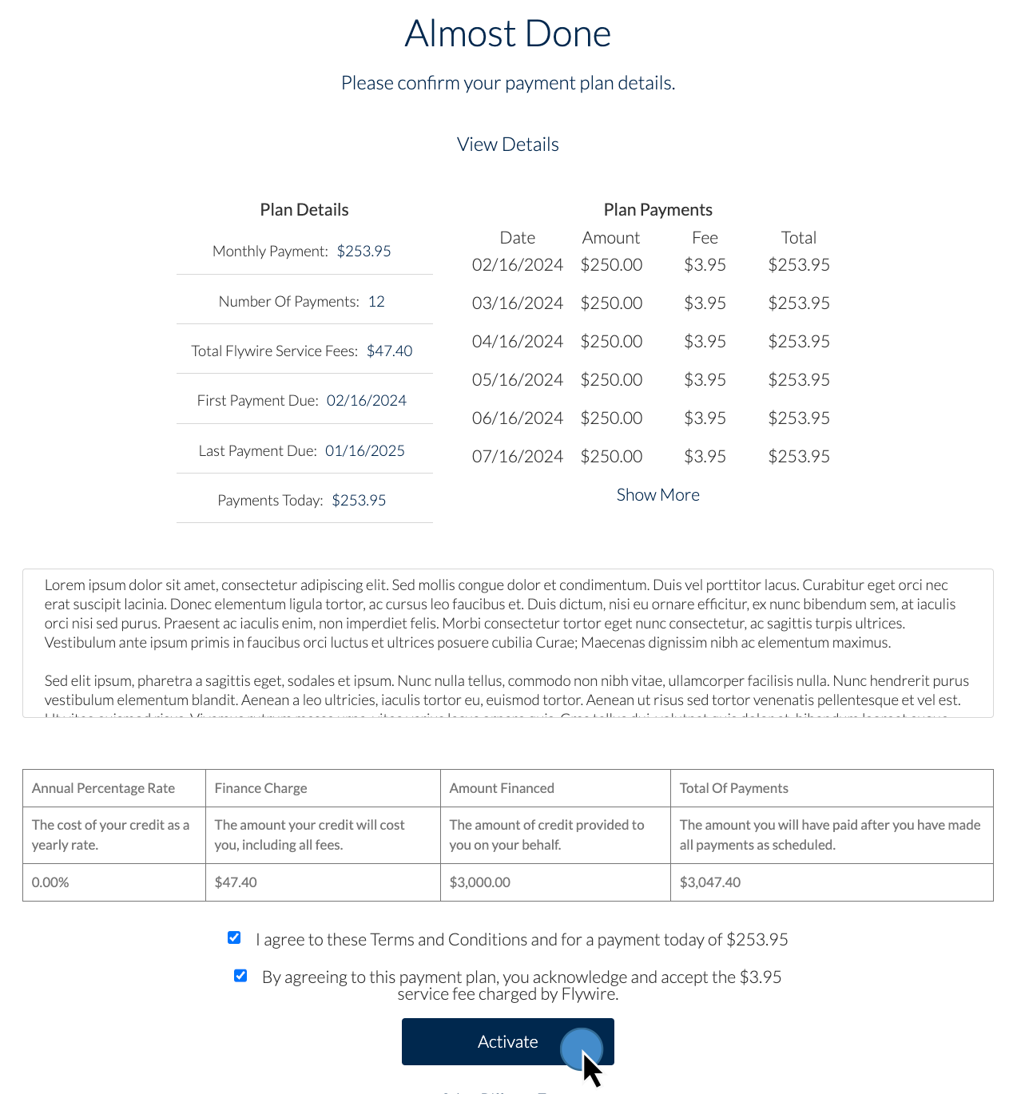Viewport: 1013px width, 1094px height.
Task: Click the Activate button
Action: coord(507,1041)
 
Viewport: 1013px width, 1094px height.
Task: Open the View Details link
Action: coord(507,145)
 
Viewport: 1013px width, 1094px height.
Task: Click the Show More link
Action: coord(657,495)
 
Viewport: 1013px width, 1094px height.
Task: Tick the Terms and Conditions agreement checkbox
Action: coord(234,937)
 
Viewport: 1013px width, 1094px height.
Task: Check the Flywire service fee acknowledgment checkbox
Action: coord(240,975)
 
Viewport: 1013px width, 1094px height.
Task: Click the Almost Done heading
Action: coord(507,34)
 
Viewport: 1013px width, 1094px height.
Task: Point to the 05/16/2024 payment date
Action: coord(517,380)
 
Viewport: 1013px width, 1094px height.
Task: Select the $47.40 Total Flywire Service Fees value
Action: coord(389,351)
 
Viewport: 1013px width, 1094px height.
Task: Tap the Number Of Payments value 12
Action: coord(376,302)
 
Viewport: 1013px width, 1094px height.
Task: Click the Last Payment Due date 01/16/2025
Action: coord(364,451)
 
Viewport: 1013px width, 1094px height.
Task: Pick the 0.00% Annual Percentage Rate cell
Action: coord(50,882)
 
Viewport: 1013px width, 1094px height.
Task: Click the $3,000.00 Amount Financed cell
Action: coord(479,882)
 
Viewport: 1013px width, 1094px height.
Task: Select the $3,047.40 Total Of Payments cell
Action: coord(709,882)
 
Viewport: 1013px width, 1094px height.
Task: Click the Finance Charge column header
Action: coord(260,788)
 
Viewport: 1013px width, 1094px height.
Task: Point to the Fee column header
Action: coord(705,238)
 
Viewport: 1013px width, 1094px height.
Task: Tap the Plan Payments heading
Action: coord(657,210)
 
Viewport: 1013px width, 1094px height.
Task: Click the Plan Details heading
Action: coord(304,210)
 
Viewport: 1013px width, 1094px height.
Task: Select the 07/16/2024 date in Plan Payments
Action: coord(517,457)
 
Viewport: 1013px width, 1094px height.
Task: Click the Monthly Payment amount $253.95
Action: coord(363,252)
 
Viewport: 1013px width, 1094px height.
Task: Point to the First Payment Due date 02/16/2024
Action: coord(366,401)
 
